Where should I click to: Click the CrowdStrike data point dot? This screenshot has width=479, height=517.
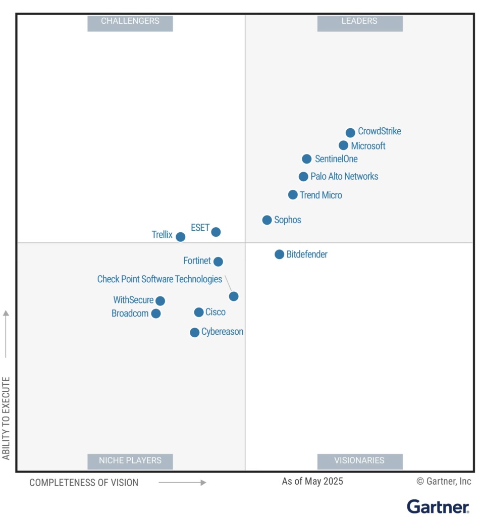[350, 133]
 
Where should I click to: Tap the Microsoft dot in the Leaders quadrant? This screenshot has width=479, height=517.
[343, 145]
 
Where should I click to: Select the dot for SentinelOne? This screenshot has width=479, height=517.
[306, 159]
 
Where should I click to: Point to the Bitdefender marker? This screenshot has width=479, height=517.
[279, 254]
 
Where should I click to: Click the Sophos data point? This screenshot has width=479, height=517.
[267, 220]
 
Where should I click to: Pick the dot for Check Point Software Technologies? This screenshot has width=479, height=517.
[234, 296]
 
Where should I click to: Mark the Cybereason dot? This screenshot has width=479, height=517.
[194, 332]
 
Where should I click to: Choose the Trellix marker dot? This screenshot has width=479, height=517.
[180, 237]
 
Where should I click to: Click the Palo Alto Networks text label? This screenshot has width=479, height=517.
[344, 177]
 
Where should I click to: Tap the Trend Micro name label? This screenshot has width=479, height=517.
[321, 195]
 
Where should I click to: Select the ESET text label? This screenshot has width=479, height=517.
[200, 228]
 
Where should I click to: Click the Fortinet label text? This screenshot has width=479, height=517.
[197, 261]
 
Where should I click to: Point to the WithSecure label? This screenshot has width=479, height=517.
[133, 300]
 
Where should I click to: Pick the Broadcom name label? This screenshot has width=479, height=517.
[130, 314]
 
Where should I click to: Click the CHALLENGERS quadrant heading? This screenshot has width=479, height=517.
[130, 22]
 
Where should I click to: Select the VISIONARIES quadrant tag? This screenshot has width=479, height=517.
[359, 460]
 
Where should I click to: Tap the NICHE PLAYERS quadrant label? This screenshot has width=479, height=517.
[130, 460]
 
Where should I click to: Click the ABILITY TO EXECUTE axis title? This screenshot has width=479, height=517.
[6, 418]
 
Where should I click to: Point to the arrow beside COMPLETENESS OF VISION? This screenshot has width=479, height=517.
[182, 483]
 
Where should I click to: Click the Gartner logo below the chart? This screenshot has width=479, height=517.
[438, 506]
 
